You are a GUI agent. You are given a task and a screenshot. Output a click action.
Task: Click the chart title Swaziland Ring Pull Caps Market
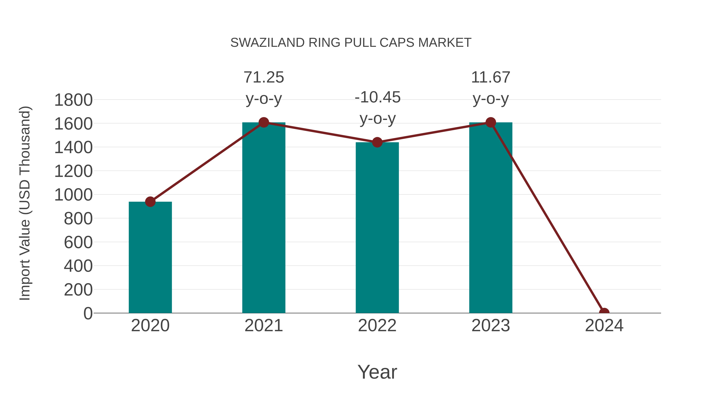[351, 43]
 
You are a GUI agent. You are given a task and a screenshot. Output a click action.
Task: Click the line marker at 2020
[150, 202]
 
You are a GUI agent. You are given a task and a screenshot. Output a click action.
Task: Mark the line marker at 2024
[604, 312]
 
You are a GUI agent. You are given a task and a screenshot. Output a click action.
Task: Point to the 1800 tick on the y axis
[73, 100]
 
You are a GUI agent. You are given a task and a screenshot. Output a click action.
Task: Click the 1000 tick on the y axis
[73, 195]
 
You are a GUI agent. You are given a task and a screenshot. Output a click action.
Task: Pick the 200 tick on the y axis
[78, 290]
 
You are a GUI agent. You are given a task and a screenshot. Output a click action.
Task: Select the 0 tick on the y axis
[88, 313]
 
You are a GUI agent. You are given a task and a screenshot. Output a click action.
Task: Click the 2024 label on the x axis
[604, 326]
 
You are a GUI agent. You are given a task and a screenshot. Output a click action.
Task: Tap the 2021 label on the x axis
[263, 326]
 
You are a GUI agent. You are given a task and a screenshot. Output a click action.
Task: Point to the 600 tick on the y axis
[78, 242]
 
